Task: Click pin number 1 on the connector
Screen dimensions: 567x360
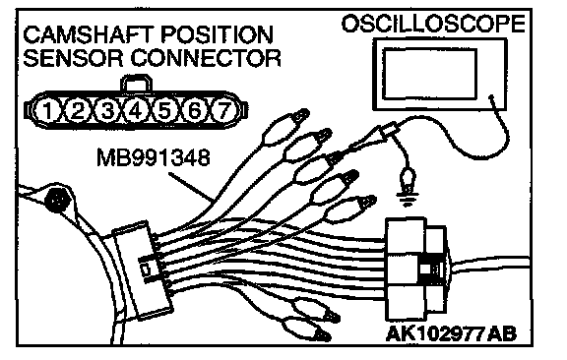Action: tap(47, 110)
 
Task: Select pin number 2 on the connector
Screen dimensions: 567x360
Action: tap(78, 110)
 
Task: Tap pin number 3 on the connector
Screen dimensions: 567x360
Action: tap(106, 110)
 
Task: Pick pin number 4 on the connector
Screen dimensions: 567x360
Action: tap(136, 110)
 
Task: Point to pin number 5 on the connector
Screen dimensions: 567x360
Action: tap(164, 110)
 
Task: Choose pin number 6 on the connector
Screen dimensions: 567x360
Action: tap(194, 110)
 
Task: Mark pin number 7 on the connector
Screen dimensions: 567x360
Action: tap(224, 110)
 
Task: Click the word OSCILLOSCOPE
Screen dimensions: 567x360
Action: tap(433, 24)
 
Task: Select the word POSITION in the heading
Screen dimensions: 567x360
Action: tap(217, 35)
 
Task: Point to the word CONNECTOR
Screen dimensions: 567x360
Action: tap(206, 58)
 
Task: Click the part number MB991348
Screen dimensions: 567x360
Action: tap(154, 158)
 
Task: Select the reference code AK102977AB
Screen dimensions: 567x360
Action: tap(451, 333)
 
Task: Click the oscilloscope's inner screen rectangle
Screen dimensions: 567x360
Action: tap(429, 74)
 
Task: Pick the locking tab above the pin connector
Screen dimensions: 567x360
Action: tap(136, 84)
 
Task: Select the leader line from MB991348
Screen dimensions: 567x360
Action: tap(191, 187)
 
